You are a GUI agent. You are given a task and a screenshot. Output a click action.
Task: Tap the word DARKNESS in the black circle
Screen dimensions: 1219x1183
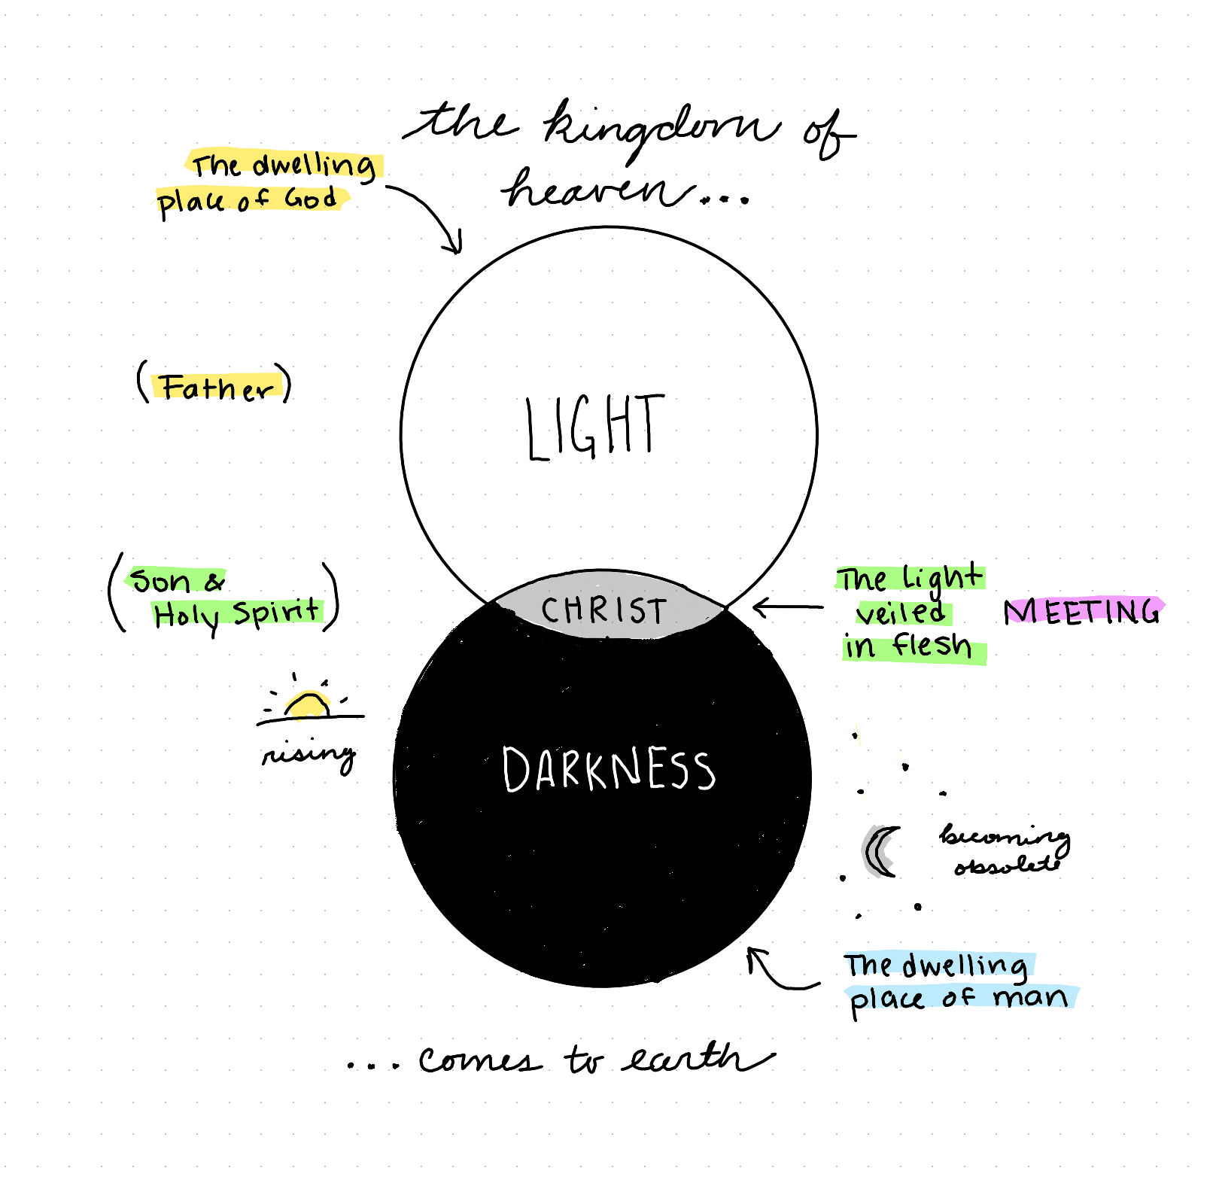[x=608, y=769]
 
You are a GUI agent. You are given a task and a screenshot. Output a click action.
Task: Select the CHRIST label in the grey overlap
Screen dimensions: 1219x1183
[x=603, y=610]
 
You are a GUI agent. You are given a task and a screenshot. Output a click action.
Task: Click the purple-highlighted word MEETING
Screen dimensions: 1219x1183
[x=1082, y=612]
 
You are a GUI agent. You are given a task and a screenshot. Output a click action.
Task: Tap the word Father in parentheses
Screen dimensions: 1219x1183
[x=216, y=387]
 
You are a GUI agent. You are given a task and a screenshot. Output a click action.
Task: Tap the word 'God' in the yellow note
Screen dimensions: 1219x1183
[x=310, y=199]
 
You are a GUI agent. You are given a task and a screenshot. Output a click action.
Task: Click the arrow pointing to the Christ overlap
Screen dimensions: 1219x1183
[x=787, y=607]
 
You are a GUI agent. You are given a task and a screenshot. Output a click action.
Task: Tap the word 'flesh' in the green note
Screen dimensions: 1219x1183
[x=932, y=646]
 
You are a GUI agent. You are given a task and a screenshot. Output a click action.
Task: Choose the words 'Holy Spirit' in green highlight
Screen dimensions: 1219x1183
[x=236, y=614]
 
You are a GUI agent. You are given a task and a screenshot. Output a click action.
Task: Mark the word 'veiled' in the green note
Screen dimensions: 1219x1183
[x=900, y=613]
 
